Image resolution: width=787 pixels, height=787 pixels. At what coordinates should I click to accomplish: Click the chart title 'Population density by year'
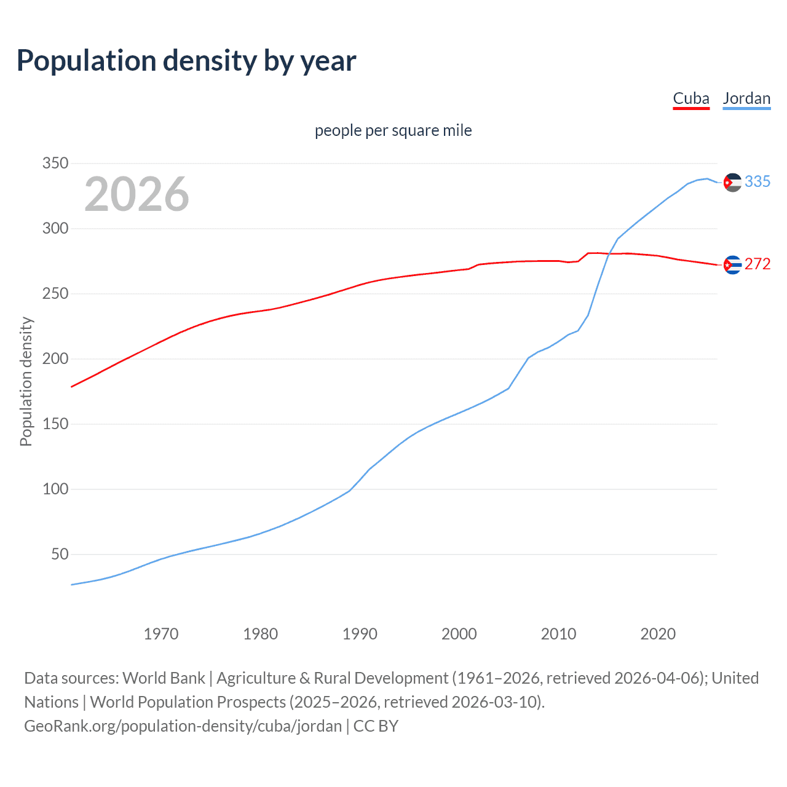point(186,61)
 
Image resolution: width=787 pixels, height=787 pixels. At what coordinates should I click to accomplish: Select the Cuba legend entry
point(691,98)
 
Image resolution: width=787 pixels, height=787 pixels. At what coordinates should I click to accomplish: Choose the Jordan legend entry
point(746,98)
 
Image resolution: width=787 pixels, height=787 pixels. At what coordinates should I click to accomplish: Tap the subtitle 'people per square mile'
point(393,130)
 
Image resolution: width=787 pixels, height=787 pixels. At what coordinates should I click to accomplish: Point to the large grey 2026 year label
point(136,194)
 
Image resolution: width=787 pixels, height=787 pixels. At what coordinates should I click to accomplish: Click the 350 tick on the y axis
point(55,164)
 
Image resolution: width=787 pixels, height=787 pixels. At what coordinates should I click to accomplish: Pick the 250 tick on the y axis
point(55,294)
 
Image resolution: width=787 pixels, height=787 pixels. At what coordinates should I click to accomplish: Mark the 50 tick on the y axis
point(60,555)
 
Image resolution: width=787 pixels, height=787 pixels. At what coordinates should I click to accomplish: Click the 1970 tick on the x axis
point(161,634)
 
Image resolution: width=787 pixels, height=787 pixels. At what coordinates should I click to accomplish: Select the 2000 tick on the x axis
point(459,634)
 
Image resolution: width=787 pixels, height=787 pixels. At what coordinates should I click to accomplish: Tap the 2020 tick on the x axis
point(658,634)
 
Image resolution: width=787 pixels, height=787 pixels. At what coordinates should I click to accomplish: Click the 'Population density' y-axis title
point(26,381)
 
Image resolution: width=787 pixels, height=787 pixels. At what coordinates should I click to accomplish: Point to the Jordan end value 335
point(757,182)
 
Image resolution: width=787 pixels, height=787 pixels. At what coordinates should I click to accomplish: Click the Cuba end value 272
point(757,264)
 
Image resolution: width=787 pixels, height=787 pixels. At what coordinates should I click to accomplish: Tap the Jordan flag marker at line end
point(732,183)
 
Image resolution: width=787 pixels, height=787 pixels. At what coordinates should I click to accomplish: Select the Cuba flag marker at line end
point(732,265)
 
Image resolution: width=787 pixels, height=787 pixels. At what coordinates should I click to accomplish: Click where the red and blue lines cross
point(609,253)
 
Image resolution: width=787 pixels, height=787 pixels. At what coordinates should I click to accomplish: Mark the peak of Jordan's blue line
point(707,179)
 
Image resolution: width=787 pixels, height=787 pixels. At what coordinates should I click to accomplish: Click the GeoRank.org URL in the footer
point(183,726)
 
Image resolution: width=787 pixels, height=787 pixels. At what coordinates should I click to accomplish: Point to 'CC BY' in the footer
point(376,726)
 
